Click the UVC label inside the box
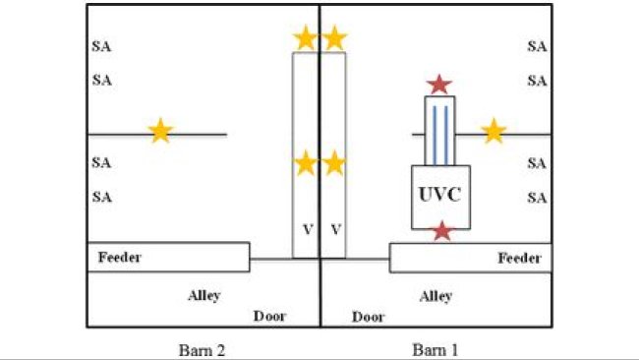[x=439, y=195]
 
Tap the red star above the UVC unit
[x=439, y=86]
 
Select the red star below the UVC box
[x=442, y=231]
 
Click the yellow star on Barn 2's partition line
[x=160, y=130]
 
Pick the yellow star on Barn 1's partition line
[x=494, y=130]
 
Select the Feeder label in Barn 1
[x=519, y=259]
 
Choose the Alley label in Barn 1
[x=436, y=295]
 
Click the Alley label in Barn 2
[x=204, y=294]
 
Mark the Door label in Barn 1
[x=369, y=317]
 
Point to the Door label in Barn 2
[x=270, y=316]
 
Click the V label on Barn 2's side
[x=308, y=229]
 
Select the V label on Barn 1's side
[x=336, y=229]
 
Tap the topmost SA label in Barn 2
[x=101, y=45]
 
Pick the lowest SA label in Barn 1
[x=537, y=198]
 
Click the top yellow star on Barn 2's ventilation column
[x=306, y=38]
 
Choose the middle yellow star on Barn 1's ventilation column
[x=335, y=162]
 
